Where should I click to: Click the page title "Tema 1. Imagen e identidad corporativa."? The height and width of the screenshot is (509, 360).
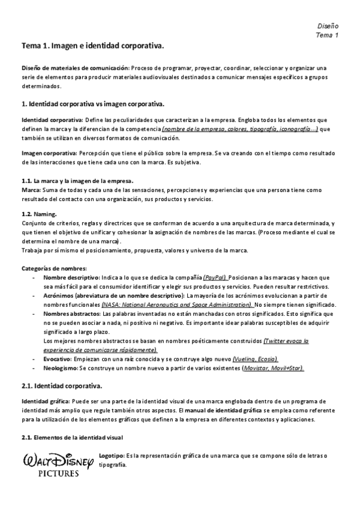click(92, 46)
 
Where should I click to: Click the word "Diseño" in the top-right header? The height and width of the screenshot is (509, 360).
click(328, 27)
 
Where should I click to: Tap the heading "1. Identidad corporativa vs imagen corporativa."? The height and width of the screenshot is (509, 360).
click(92, 104)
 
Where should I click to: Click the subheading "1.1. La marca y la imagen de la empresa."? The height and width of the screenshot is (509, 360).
click(77, 181)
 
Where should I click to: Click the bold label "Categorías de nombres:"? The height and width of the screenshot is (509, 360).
click(54, 268)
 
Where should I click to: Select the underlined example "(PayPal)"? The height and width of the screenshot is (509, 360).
click(215, 278)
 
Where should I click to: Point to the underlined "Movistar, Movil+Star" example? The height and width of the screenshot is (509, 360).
click(274, 367)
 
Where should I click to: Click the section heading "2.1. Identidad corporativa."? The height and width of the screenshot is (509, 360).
click(62, 385)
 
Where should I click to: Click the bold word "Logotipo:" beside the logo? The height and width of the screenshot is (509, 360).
click(112, 456)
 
